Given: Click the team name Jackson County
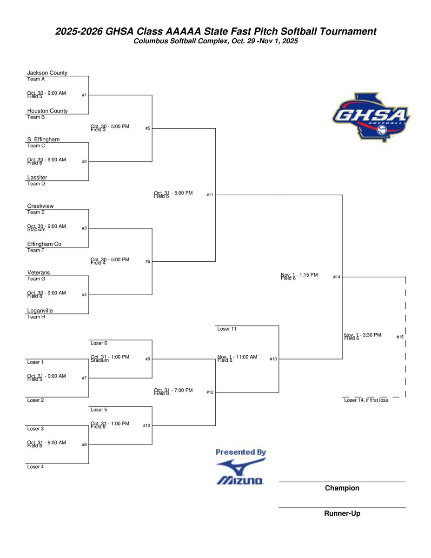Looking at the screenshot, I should click(47, 73).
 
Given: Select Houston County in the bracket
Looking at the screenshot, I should click(47, 111).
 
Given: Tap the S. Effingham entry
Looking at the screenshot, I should click(43, 139).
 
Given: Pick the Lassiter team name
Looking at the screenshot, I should click(37, 178).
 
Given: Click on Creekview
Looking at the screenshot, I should click(40, 206).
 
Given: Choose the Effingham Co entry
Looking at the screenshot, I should click(44, 244).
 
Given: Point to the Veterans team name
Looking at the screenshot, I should click(39, 272).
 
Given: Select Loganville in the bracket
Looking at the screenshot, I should click(40, 311).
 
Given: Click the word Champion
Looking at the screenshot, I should click(342, 488).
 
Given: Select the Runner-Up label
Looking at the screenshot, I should click(342, 514).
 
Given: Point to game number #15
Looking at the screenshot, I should click(400, 337).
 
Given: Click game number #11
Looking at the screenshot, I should click(210, 195).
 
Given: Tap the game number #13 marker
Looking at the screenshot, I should click(273, 359).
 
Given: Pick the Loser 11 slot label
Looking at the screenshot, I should click(227, 329).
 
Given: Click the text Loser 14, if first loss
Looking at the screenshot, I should click(365, 400).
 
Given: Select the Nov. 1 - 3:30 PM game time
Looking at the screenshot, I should click(363, 335).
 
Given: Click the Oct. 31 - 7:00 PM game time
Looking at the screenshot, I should click(173, 391).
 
